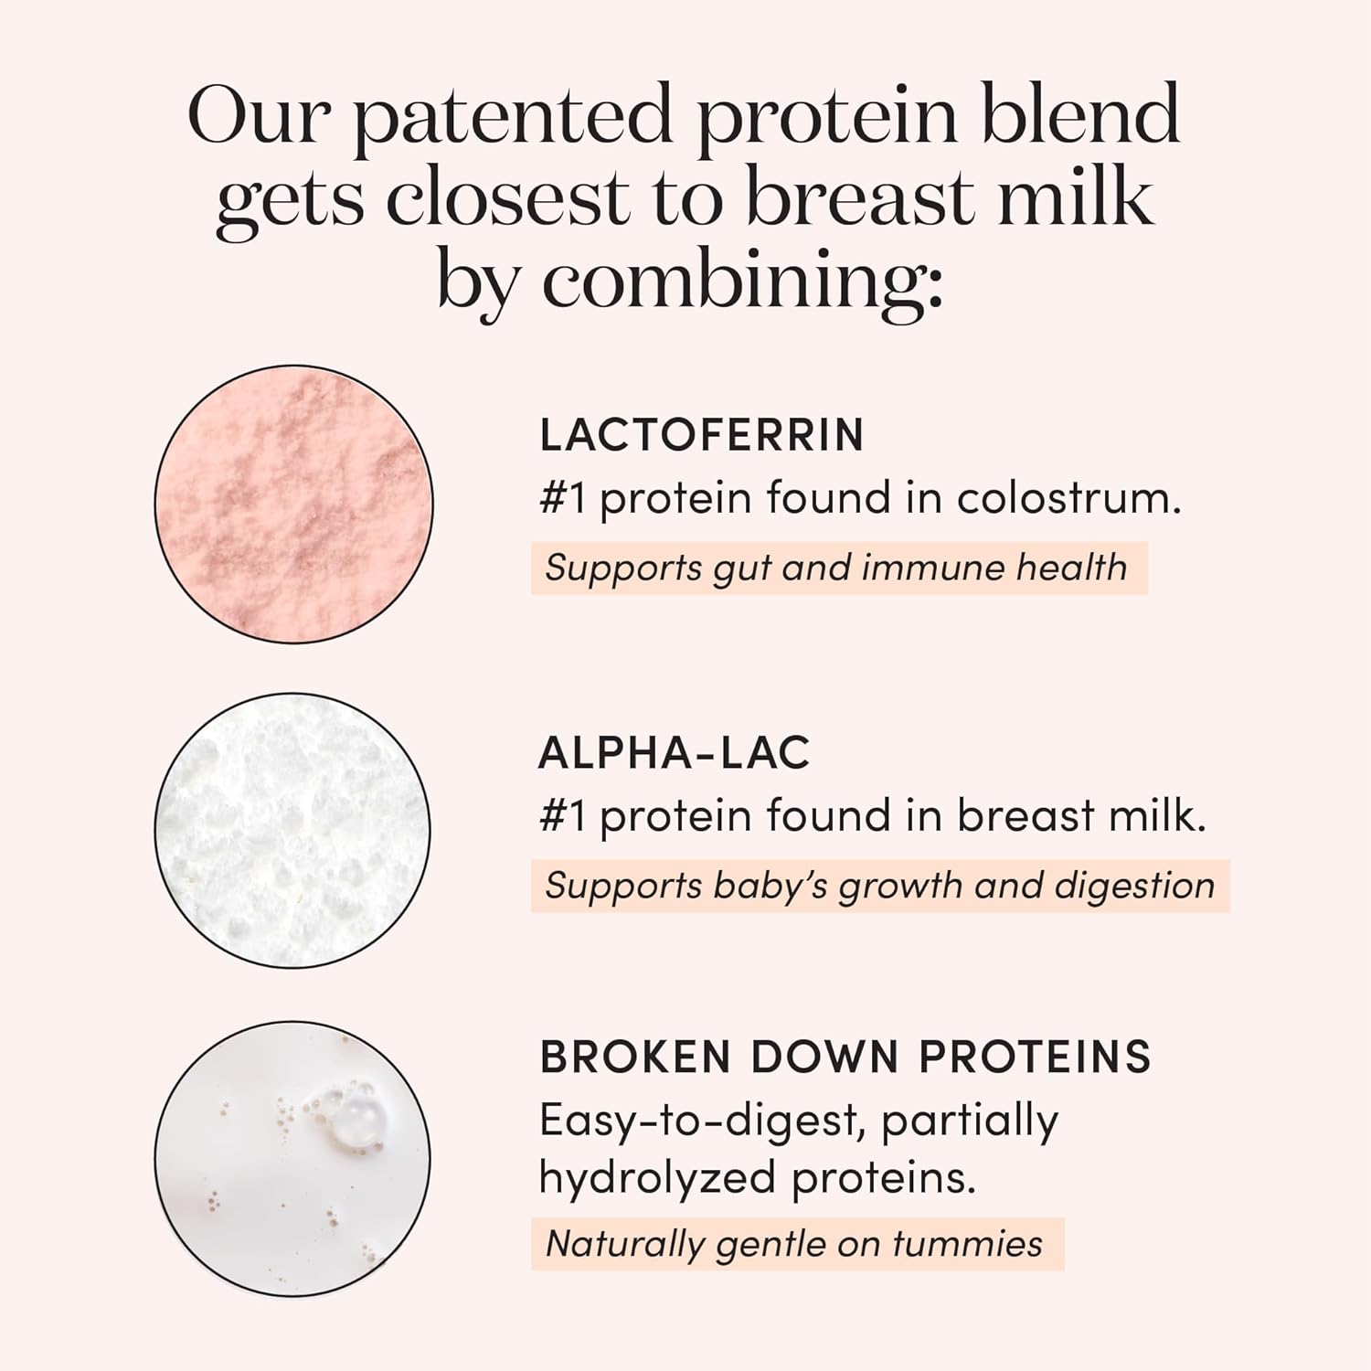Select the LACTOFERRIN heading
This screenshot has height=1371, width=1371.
pos(701,435)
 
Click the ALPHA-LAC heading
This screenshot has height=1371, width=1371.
pos(674,753)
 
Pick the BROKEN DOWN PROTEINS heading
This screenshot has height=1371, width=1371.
pos(845,1057)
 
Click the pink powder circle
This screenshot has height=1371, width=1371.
pos(293,504)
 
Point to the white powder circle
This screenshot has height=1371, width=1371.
pos(292,829)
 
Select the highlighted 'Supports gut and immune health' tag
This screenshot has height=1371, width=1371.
pos(838,569)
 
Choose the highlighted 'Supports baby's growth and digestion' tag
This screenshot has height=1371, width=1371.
pos(879,887)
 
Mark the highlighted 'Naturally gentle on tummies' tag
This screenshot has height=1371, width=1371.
pos(796,1244)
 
